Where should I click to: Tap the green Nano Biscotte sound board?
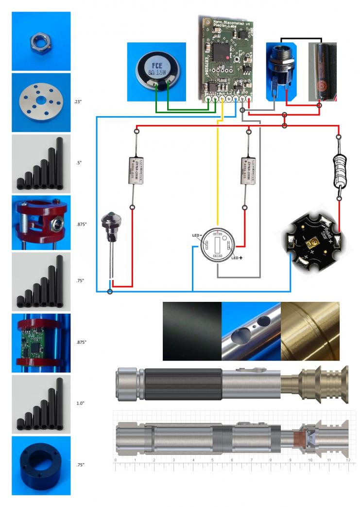[227, 57]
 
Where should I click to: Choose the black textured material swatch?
[192, 331]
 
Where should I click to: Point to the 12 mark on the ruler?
[348, 459]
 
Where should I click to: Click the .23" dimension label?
[80, 102]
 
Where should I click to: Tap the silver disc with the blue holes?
[41, 102]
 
